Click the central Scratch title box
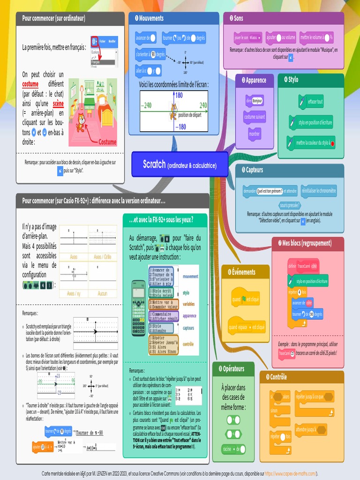click(x=180, y=164)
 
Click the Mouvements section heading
click(x=151, y=18)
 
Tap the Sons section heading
click(x=238, y=18)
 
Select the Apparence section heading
click(x=255, y=80)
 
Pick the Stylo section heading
click(x=293, y=80)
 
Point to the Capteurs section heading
click(x=254, y=170)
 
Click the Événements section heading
click(x=244, y=272)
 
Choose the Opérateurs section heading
click(x=233, y=369)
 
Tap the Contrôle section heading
click(x=278, y=377)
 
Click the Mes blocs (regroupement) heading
click(x=307, y=243)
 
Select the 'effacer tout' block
click(x=311, y=102)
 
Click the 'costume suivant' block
click(x=255, y=117)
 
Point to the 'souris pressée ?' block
click(x=290, y=205)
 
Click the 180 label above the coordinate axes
click(x=179, y=95)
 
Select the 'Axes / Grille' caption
click(x=103, y=257)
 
